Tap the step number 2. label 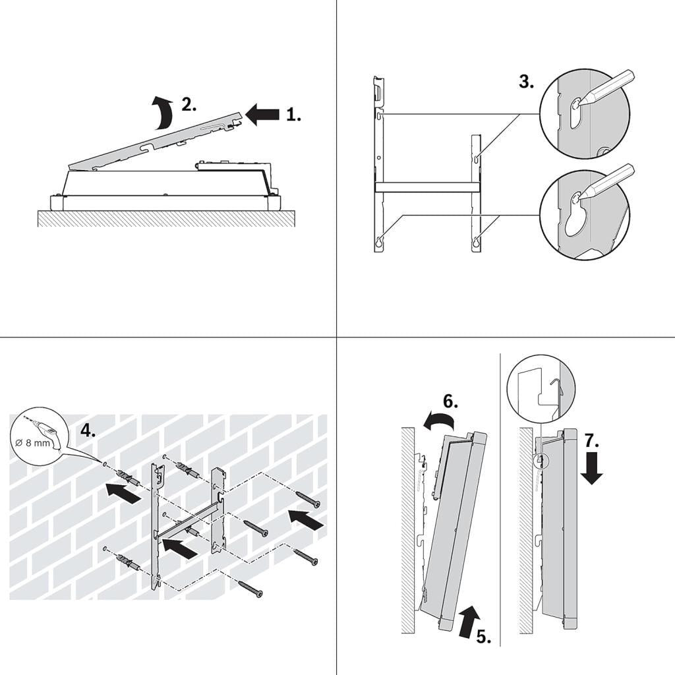189,105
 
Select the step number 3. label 526,82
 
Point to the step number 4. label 87,431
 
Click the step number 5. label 483,637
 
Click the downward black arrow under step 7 591,470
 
